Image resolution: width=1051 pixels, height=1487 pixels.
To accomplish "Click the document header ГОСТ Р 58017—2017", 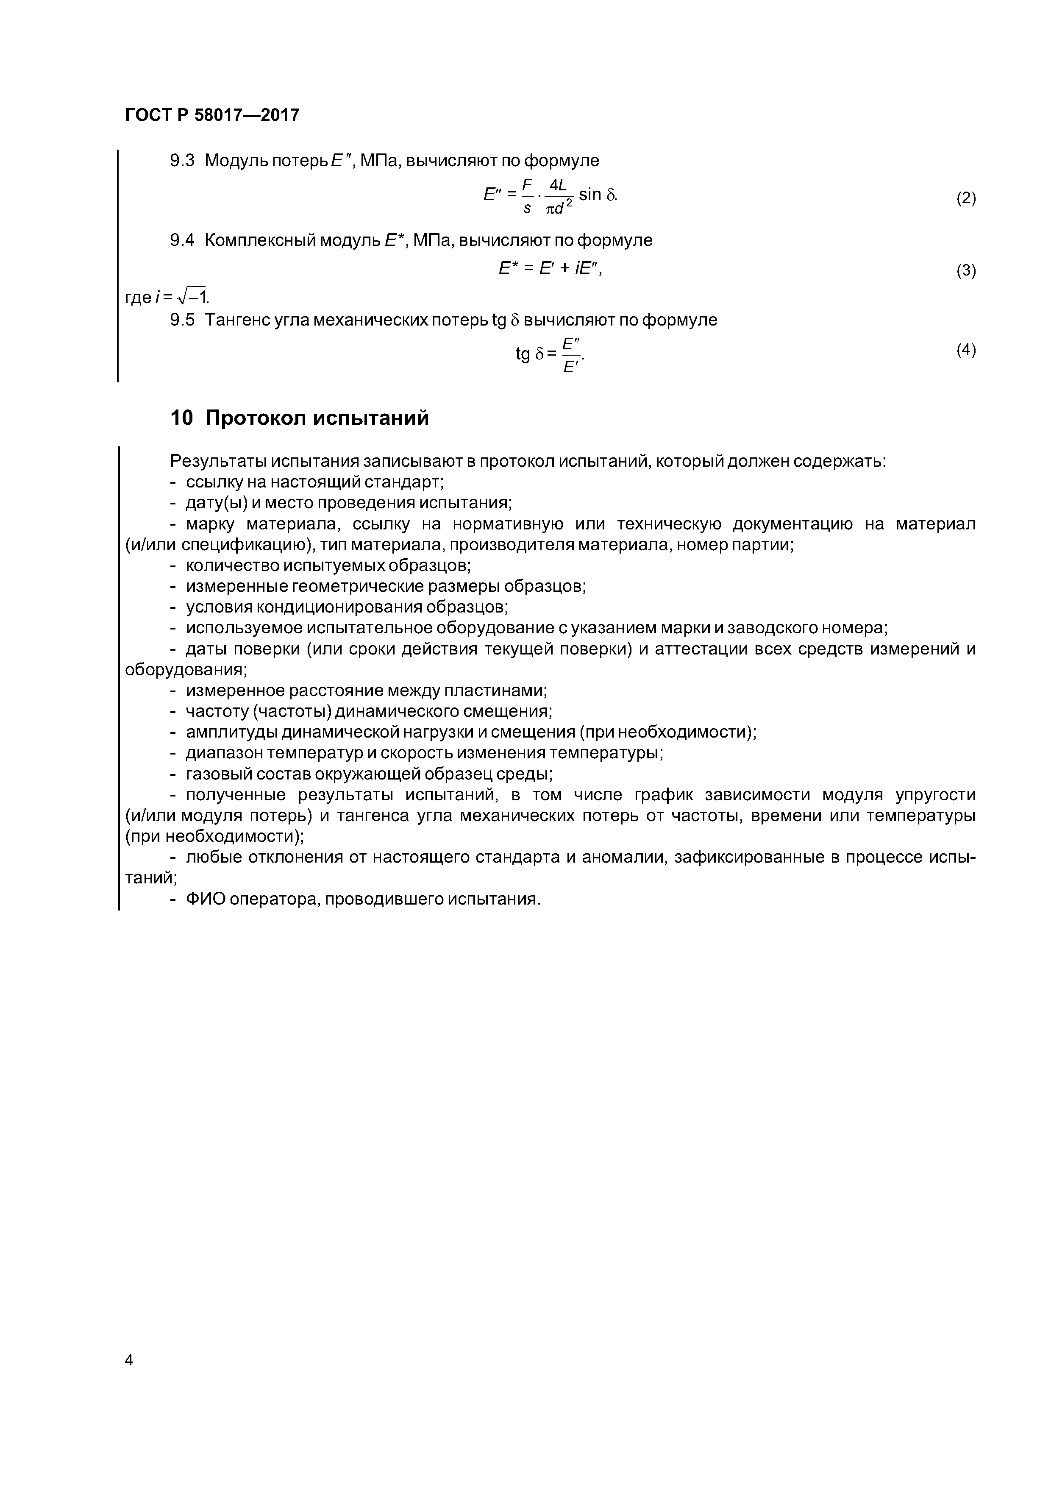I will click(212, 115).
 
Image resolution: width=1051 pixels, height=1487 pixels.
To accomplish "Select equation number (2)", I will click(965, 199).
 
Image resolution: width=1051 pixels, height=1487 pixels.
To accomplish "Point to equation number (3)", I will click(965, 271).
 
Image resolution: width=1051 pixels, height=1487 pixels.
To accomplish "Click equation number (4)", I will click(965, 351).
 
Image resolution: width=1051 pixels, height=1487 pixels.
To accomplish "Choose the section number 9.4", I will click(182, 240).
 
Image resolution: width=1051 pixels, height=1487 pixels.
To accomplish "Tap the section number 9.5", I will click(182, 320).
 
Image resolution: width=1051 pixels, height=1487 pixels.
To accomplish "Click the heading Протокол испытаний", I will click(317, 418).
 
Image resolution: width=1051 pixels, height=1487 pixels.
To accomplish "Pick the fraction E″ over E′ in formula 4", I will click(570, 355).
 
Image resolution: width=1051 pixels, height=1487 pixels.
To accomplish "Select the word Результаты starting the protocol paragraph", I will click(218, 461).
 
